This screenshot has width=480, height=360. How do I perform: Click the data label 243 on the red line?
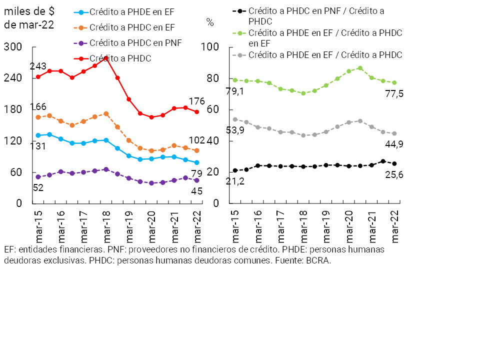pyautogui.click(x=38, y=66)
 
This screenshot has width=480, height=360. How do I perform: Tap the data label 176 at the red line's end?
pyautogui.click(x=196, y=102)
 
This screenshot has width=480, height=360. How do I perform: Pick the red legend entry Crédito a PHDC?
pyautogui.click(x=120, y=58)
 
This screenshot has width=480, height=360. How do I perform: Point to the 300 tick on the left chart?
pyautogui.click(x=13, y=47)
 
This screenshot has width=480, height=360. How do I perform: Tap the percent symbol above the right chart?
pyautogui.click(x=210, y=22)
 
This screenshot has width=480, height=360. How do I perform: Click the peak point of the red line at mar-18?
pyautogui.click(x=106, y=58)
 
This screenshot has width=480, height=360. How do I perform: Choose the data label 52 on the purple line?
pyautogui.click(x=38, y=188)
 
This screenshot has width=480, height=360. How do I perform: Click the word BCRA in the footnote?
pyautogui.click(x=318, y=261)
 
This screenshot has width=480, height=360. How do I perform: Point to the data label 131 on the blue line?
pyautogui.click(x=38, y=146)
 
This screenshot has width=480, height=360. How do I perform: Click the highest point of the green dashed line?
pyautogui.click(x=360, y=68)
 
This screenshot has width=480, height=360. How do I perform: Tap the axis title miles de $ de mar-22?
pyautogui.click(x=29, y=18)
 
